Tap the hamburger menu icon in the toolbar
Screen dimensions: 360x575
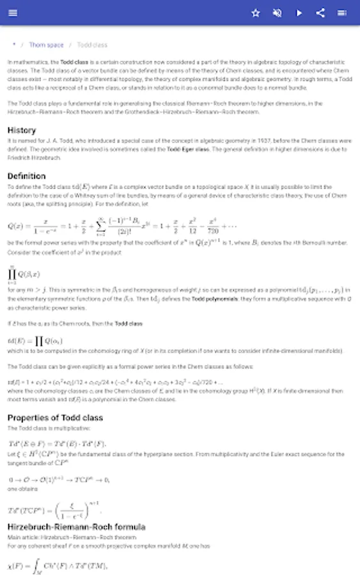coord(13,13)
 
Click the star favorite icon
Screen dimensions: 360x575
coord(256,13)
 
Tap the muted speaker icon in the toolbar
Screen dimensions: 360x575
coord(278,13)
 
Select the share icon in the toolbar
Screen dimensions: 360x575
coord(320,13)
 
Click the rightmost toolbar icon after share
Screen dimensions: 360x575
coord(342,13)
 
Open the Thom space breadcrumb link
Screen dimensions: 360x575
coord(46,45)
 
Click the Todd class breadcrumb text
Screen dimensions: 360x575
coord(92,45)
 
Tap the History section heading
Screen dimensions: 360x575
coord(22,130)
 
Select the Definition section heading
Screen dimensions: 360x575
coord(27,176)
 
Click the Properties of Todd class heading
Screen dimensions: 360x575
coord(55,418)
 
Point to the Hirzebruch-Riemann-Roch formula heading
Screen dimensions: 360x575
coord(76,527)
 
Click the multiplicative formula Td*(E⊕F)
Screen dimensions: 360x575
coord(57,443)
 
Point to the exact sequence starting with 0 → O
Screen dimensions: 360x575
coord(59,479)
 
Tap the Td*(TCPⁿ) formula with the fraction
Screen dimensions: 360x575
coord(54,509)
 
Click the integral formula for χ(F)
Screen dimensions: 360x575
coord(58,565)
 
